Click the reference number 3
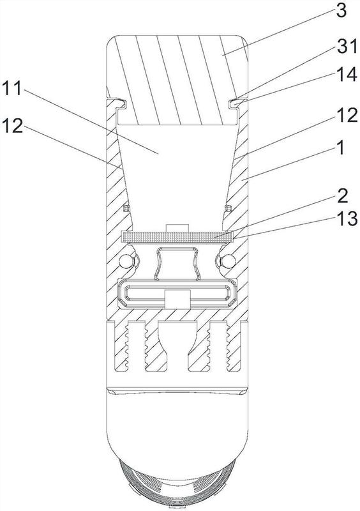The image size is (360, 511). tap(341, 11)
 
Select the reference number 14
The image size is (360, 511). tap(347, 74)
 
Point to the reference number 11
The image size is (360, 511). tap(11, 88)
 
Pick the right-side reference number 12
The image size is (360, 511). tap(347, 116)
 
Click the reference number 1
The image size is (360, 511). tap(340, 148)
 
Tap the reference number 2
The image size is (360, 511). tap(341, 195)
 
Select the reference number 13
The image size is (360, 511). tap(347, 218)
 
